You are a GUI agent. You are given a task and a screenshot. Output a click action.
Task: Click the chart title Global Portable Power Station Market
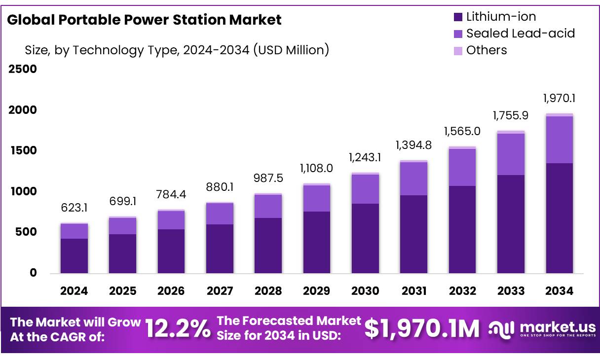(144, 20)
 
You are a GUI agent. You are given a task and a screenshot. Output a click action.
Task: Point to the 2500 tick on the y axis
(22, 69)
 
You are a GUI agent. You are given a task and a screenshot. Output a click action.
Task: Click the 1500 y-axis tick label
(22, 150)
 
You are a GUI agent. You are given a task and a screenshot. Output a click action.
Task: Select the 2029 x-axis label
(316, 291)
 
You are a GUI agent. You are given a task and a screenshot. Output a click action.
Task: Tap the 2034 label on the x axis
(559, 291)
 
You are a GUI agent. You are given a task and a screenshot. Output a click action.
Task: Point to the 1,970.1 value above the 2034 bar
(559, 98)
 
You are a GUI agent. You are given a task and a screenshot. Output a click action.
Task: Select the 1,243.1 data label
(365, 157)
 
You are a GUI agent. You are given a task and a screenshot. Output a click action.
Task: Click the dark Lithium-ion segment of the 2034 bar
(559, 218)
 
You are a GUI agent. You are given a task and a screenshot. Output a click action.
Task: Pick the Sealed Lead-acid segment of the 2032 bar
(462, 167)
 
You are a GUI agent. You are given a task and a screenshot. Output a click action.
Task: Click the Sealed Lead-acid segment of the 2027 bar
(220, 214)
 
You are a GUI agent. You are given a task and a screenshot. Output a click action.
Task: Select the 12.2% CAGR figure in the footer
(178, 328)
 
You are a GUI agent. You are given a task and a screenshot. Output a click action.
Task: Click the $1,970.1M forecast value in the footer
(422, 328)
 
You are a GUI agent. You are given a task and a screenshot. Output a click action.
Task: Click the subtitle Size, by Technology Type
(177, 50)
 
